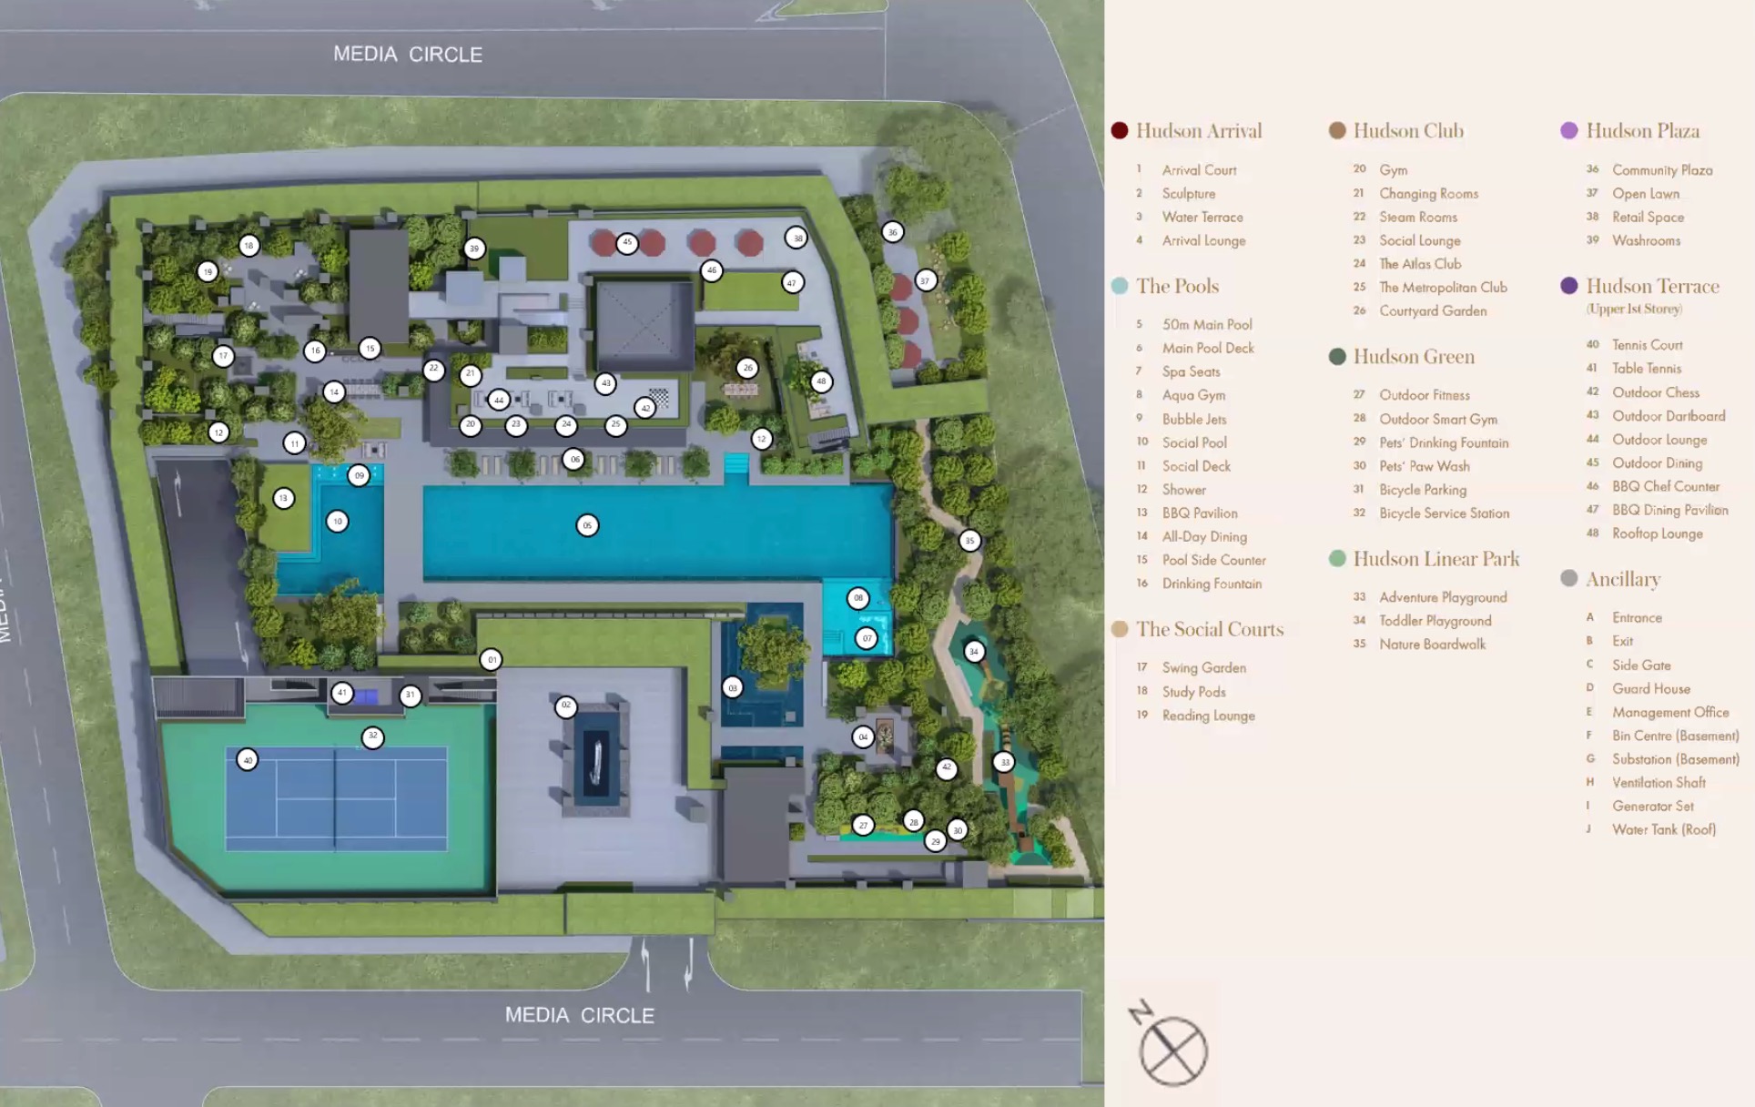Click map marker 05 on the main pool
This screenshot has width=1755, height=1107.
587,525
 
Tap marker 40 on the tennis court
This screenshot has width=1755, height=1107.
247,759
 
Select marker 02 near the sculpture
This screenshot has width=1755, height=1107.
565,706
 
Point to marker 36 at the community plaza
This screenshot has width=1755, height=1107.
892,232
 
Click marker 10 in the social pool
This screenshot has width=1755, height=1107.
337,522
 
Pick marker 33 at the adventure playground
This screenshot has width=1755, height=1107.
1003,762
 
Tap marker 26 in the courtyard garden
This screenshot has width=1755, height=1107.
747,368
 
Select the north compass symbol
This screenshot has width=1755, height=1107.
1171,1048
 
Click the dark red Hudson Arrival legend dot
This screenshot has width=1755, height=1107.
1120,131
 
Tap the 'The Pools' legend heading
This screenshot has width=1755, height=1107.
1177,287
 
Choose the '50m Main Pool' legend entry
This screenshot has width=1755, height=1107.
1206,325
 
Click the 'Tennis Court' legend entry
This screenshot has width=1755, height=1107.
1647,345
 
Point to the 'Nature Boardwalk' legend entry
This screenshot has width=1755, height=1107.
1432,645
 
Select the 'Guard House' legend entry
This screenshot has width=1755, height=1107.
1650,689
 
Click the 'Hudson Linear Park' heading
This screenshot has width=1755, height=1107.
1435,559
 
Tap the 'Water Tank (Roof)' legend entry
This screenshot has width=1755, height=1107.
1663,829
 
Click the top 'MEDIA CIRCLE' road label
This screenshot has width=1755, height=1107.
408,55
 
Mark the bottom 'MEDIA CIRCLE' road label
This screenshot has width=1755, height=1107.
579,1015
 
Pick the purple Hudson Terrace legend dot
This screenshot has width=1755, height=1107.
1568,286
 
